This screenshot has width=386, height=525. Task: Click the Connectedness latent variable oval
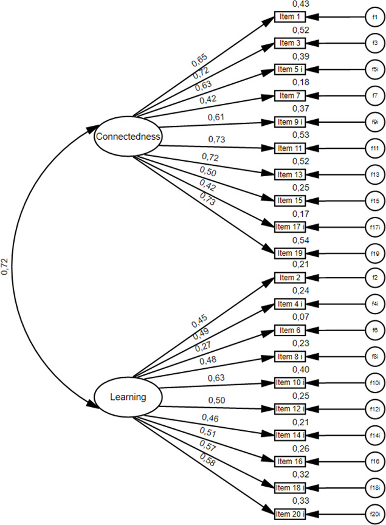click(x=128, y=137)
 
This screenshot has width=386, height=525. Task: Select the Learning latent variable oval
click(x=128, y=397)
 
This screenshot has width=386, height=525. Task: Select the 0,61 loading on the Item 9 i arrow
click(x=216, y=117)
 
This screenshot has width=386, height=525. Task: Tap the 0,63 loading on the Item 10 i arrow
click(x=216, y=377)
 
